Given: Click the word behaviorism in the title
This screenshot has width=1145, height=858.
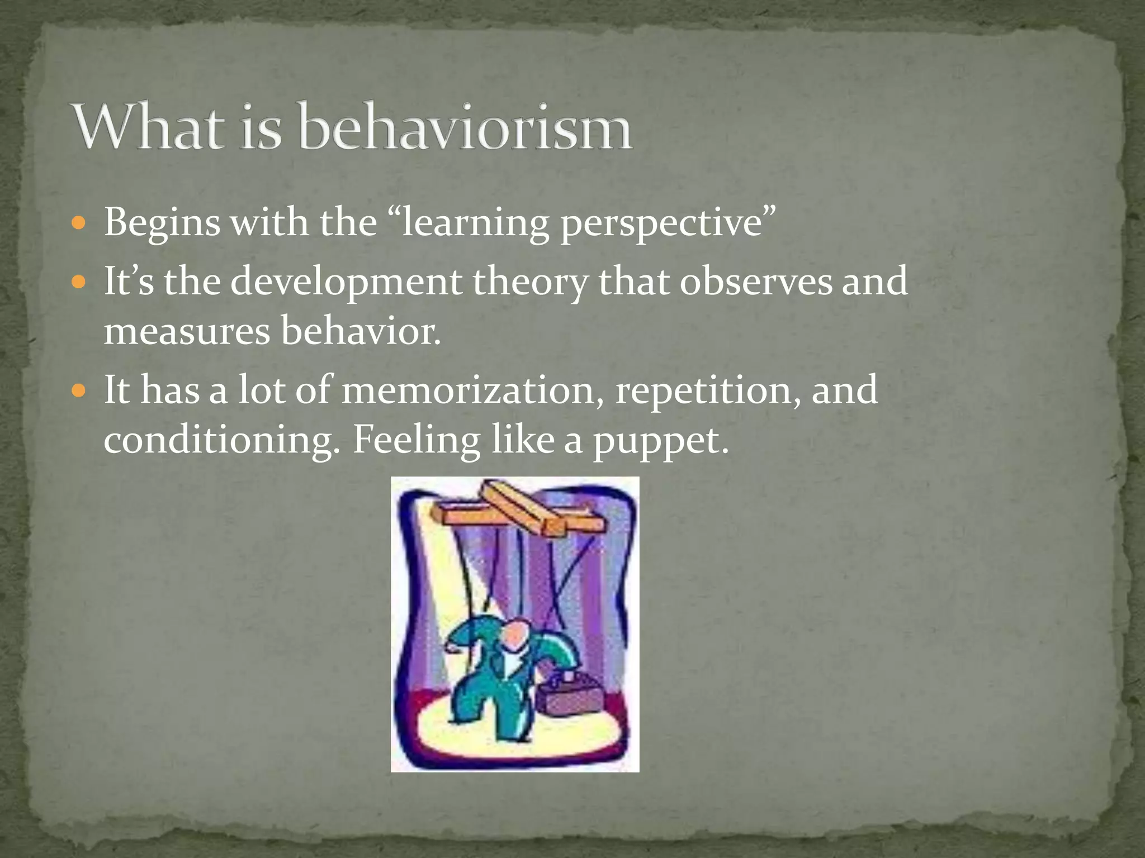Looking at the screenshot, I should tap(465, 127).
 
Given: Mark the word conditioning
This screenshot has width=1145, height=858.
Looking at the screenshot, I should tap(221, 441).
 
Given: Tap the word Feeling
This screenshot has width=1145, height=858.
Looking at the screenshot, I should tap(416, 441).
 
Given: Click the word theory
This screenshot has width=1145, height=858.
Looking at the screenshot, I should tap(531, 283).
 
